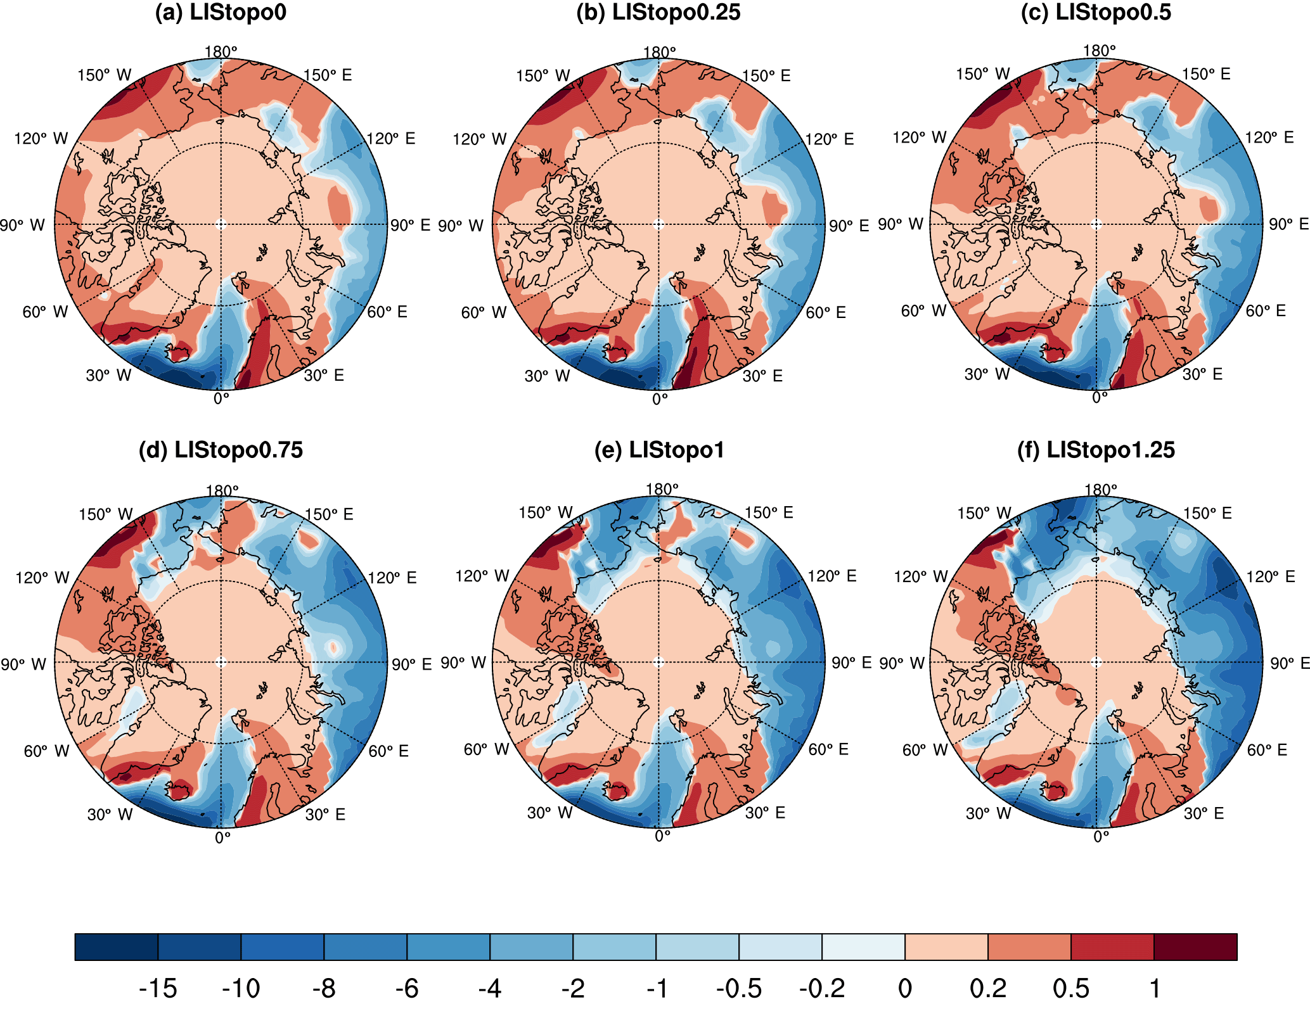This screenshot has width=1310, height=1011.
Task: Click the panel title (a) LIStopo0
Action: [x=221, y=13]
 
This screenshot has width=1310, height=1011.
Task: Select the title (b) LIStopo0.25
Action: [x=658, y=13]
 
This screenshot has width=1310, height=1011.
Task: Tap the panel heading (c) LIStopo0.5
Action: [x=1096, y=13]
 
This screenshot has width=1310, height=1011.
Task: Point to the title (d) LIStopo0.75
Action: [x=221, y=450]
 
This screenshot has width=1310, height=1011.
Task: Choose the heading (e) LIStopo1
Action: [x=658, y=450]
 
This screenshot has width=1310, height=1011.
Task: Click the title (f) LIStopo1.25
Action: [x=1096, y=450]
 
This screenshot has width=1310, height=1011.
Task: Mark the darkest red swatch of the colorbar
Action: [x=1195, y=947]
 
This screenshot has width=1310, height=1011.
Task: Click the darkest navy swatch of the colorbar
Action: [x=116, y=947]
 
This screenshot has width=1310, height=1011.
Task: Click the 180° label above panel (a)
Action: [x=221, y=52]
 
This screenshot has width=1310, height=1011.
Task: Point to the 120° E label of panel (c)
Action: [x=1269, y=138]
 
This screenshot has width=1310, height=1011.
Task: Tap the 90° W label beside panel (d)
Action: [x=23, y=664]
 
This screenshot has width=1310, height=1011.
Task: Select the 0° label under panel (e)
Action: [x=662, y=836]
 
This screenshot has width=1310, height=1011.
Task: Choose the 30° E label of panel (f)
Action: [x=1204, y=813]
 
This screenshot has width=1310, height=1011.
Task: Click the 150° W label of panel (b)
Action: [x=543, y=76]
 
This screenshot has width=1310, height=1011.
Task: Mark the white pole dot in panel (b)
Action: [x=658, y=224]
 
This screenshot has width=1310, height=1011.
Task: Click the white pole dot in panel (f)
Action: [x=1096, y=663]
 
